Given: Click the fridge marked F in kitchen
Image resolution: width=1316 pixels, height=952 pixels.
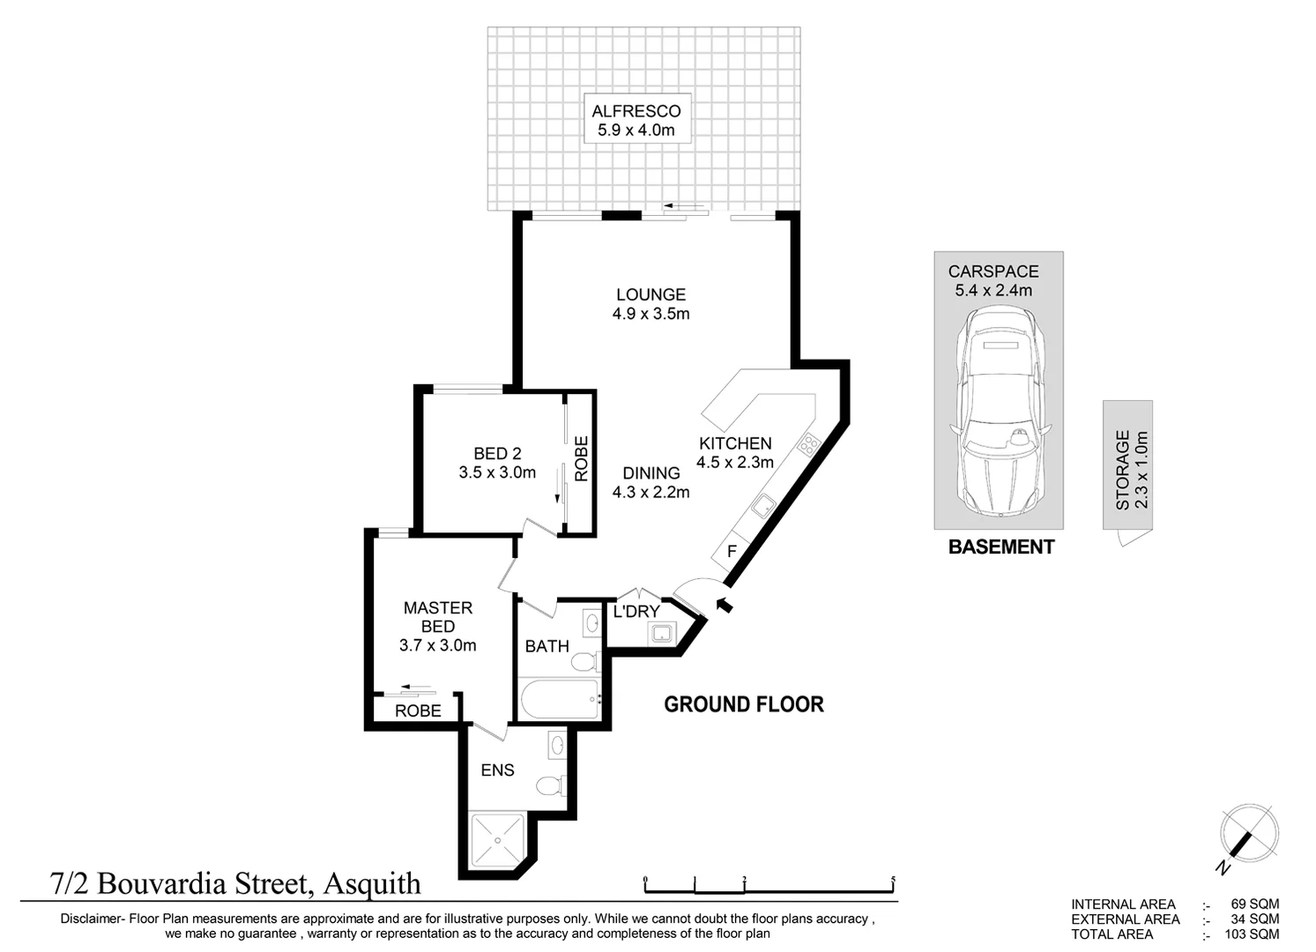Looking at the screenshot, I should coord(731,552).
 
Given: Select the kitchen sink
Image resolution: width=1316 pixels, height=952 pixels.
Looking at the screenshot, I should coord(763,506).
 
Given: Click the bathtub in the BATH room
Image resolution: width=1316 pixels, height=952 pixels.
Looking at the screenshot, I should coord(559,700).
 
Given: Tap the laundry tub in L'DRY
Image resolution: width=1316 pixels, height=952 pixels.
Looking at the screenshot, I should coord(659,632).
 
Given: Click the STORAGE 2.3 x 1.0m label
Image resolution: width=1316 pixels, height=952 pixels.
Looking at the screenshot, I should coord(1131,470).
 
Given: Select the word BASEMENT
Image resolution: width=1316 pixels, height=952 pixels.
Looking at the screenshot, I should coord(1000,547).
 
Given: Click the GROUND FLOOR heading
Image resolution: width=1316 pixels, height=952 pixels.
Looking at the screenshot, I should coord(743,704).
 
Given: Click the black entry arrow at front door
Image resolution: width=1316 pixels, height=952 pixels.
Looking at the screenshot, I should coord(725,605).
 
